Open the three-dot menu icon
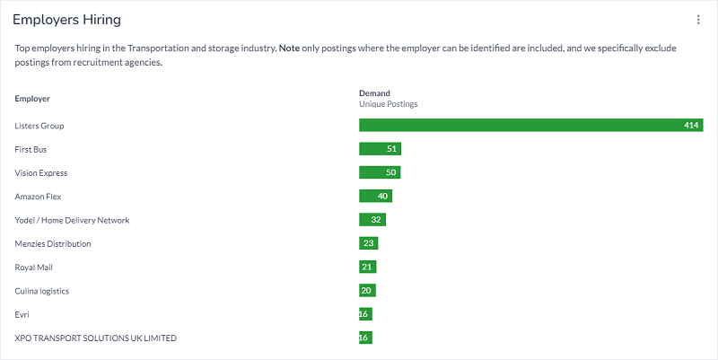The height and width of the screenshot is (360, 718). pos(698,20)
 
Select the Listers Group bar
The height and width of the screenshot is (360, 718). pos(530,126)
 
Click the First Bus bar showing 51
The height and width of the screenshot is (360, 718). pos(380,149)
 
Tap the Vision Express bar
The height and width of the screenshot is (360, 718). pos(380,172)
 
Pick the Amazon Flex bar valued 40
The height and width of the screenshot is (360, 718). pos(375,196)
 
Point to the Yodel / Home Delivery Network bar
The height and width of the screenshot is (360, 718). pos(372,220)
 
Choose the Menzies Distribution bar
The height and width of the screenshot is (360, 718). pos(368,243)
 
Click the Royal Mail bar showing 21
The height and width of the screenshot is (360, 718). pos(367,267)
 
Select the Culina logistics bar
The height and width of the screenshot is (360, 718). pos(367,291)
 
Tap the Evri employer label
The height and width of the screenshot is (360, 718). pos(22,314)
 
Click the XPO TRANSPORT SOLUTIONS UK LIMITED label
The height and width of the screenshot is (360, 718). pos(96,338)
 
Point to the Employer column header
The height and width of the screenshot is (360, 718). pos(32,97)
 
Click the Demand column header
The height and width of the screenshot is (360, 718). pos(374,92)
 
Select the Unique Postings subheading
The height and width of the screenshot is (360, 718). pos(388,104)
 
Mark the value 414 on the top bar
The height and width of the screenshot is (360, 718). pos(690,126)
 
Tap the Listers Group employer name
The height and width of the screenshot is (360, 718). pos(39,126)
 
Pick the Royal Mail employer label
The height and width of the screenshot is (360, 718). pos(33,268)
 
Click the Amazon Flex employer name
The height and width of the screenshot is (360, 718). pos(38,197)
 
